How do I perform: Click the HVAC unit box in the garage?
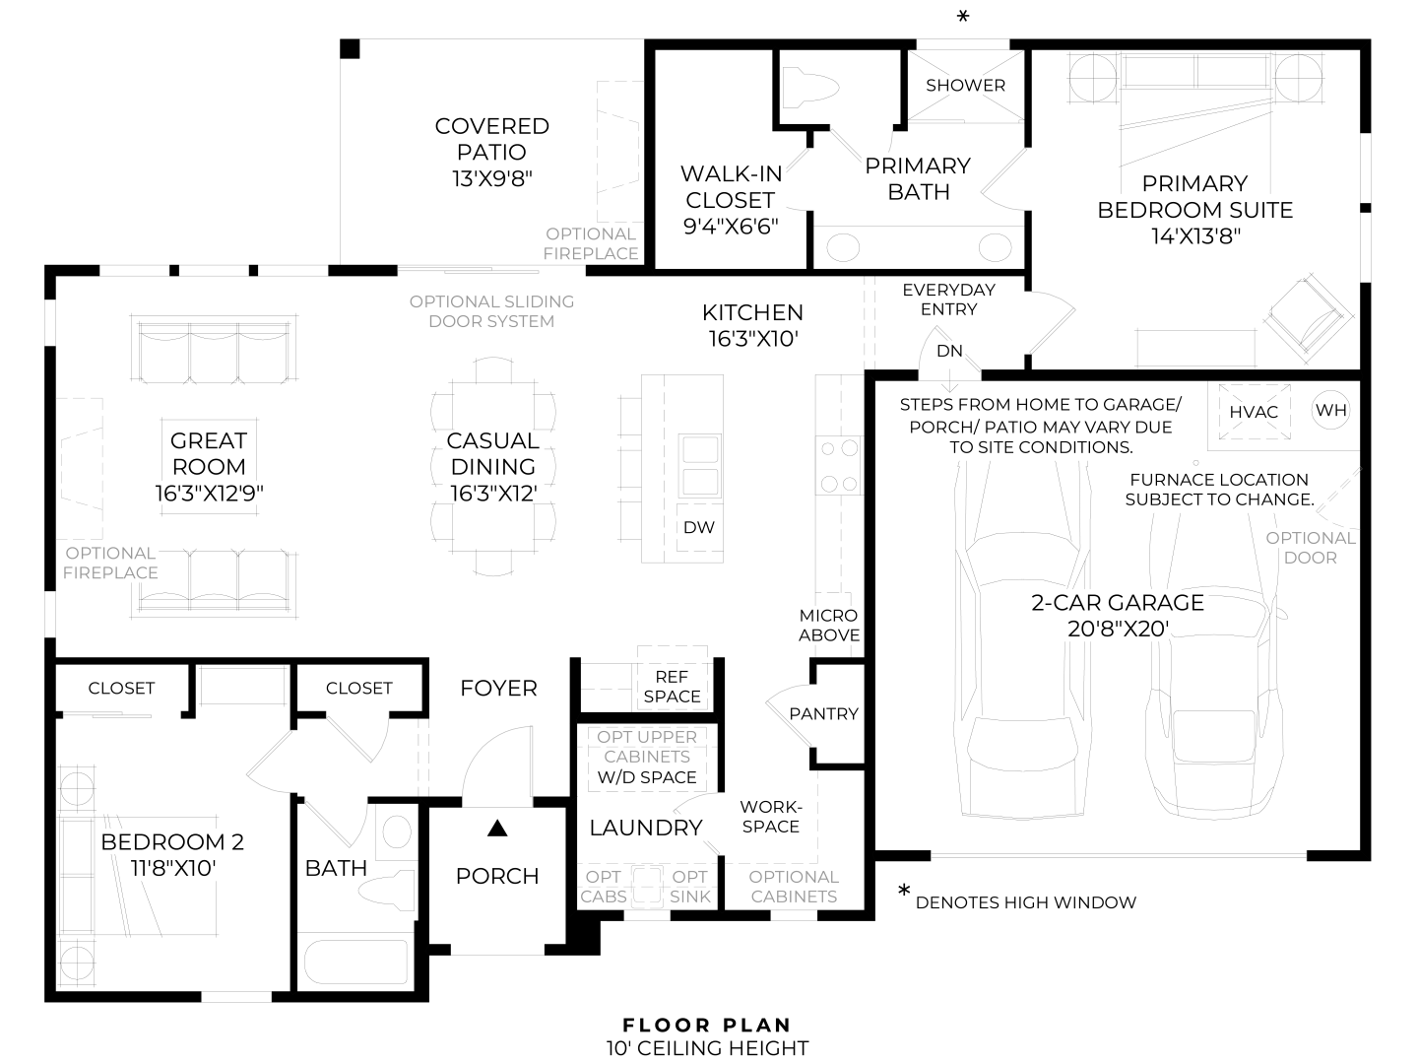[1254, 412]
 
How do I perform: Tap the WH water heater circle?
[1331, 411]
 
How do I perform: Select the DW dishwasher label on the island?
[699, 527]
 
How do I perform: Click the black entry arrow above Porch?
[497, 829]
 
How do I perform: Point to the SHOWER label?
[965, 86]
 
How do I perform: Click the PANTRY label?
[824, 713]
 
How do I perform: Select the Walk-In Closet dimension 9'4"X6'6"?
[731, 226]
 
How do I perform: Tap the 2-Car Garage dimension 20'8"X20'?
[1118, 629]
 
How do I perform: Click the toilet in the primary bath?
[810, 88]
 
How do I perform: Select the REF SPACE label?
[672, 687]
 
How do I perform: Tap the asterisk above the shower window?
[963, 17]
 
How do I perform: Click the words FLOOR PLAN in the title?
[707, 1026]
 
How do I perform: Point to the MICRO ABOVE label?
[828, 626]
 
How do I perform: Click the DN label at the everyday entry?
[949, 351]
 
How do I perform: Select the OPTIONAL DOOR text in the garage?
[1310, 548]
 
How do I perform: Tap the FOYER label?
[498, 689]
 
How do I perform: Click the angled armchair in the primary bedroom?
[1306, 314]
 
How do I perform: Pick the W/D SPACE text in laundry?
[647, 777]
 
